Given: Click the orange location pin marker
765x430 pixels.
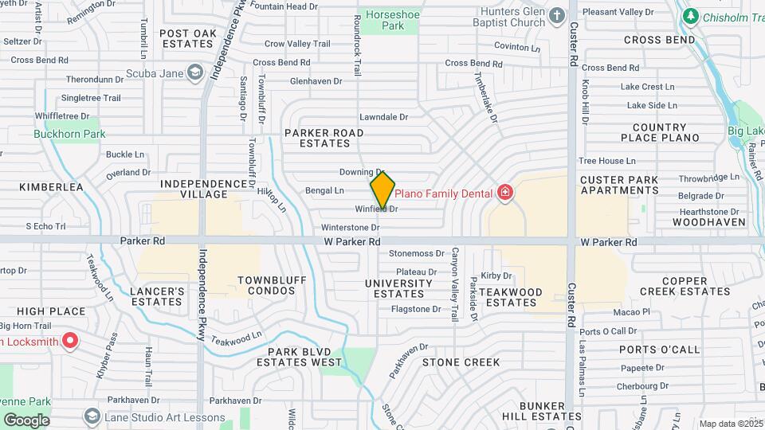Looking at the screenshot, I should coord(382,190).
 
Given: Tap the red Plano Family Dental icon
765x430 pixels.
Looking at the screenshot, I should coord(504,192).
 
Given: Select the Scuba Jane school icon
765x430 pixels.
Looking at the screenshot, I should coord(194,73).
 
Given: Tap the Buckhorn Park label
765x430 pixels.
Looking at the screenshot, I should coord(69,134).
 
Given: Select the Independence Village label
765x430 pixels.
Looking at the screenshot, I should coord(204,190).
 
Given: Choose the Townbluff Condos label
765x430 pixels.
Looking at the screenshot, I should coord(266,286).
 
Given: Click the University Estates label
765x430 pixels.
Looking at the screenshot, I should coord(398,288).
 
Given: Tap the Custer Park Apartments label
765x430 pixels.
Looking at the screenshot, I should coord(619,185).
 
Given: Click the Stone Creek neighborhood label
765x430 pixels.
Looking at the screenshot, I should coord(461,362).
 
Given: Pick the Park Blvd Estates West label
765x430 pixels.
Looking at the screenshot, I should coord(304,357).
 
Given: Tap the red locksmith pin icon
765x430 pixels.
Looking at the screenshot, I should coord(70,341).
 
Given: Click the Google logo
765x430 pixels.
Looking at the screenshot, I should coord(26,420).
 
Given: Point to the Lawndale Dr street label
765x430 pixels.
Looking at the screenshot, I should coord(383,117).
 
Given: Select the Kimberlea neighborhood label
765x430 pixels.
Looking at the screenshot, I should coord(52,187).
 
